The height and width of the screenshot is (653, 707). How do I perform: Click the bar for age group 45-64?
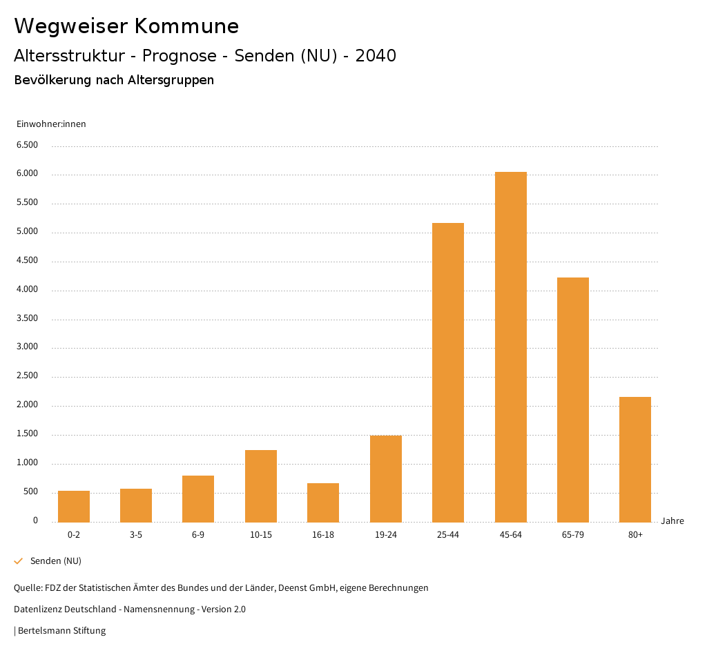510,347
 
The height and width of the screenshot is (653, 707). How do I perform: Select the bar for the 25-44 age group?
448,372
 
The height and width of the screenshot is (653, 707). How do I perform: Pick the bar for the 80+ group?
635,459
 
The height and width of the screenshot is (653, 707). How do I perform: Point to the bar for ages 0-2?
74,506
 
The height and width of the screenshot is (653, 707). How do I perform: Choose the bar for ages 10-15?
261,486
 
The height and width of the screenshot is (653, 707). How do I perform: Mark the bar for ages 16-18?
323,503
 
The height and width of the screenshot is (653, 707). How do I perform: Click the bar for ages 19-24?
385,478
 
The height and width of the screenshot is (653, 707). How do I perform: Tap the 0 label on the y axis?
35,520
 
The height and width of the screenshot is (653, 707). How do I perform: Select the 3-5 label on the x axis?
136,535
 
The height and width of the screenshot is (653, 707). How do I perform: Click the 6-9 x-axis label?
198,535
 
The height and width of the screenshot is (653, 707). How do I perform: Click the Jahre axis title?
672,521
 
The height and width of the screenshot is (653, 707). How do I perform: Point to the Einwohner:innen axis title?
51,124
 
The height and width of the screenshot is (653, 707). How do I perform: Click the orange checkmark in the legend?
19,561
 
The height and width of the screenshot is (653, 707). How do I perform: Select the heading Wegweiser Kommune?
126,26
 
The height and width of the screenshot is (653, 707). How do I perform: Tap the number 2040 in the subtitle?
376,56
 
